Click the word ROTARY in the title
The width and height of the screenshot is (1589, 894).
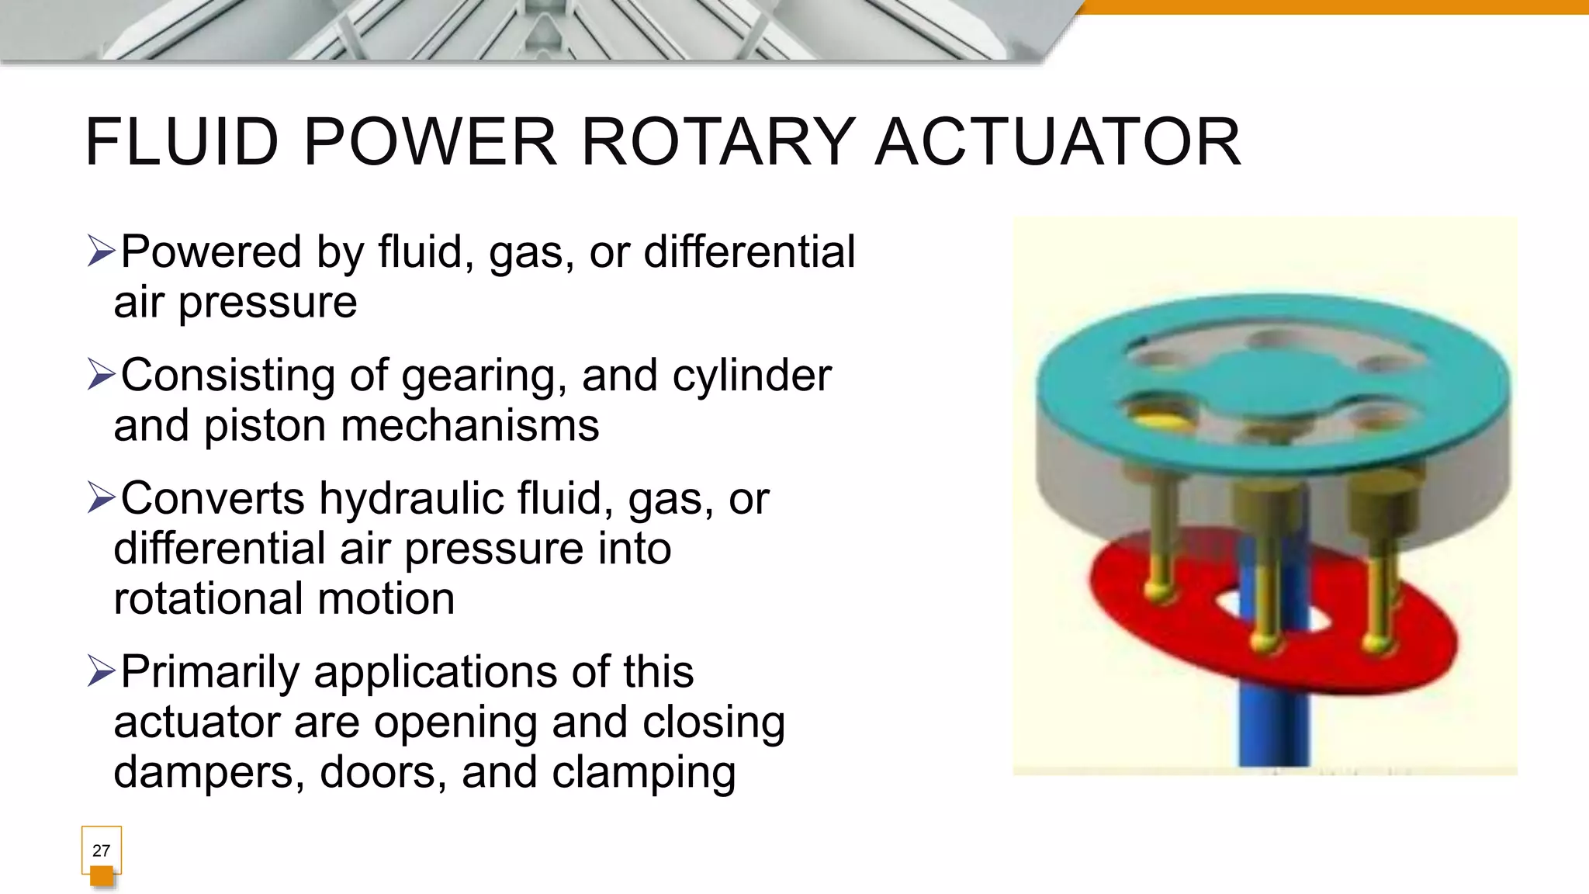(x=718, y=142)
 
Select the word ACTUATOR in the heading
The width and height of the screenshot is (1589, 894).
(x=1058, y=142)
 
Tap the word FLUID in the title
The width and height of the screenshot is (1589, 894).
(x=182, y=142)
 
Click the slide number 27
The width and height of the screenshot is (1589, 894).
(x=101, y=851)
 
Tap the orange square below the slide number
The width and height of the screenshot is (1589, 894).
(x=102, y=877)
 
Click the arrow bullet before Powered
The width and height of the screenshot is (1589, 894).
(x=101, y=251)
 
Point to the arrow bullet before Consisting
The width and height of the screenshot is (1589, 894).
(x=101, y=375)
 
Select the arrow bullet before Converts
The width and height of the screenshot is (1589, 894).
(x=101, y=497)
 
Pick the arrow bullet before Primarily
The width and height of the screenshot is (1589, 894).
(x=101, y=671)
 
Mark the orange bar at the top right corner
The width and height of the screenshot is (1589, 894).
(x=1335, y=7)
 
